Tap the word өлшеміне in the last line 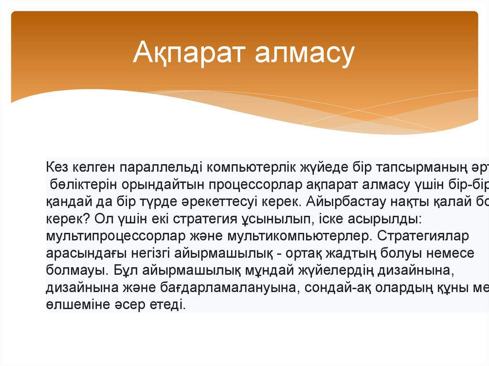79,305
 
